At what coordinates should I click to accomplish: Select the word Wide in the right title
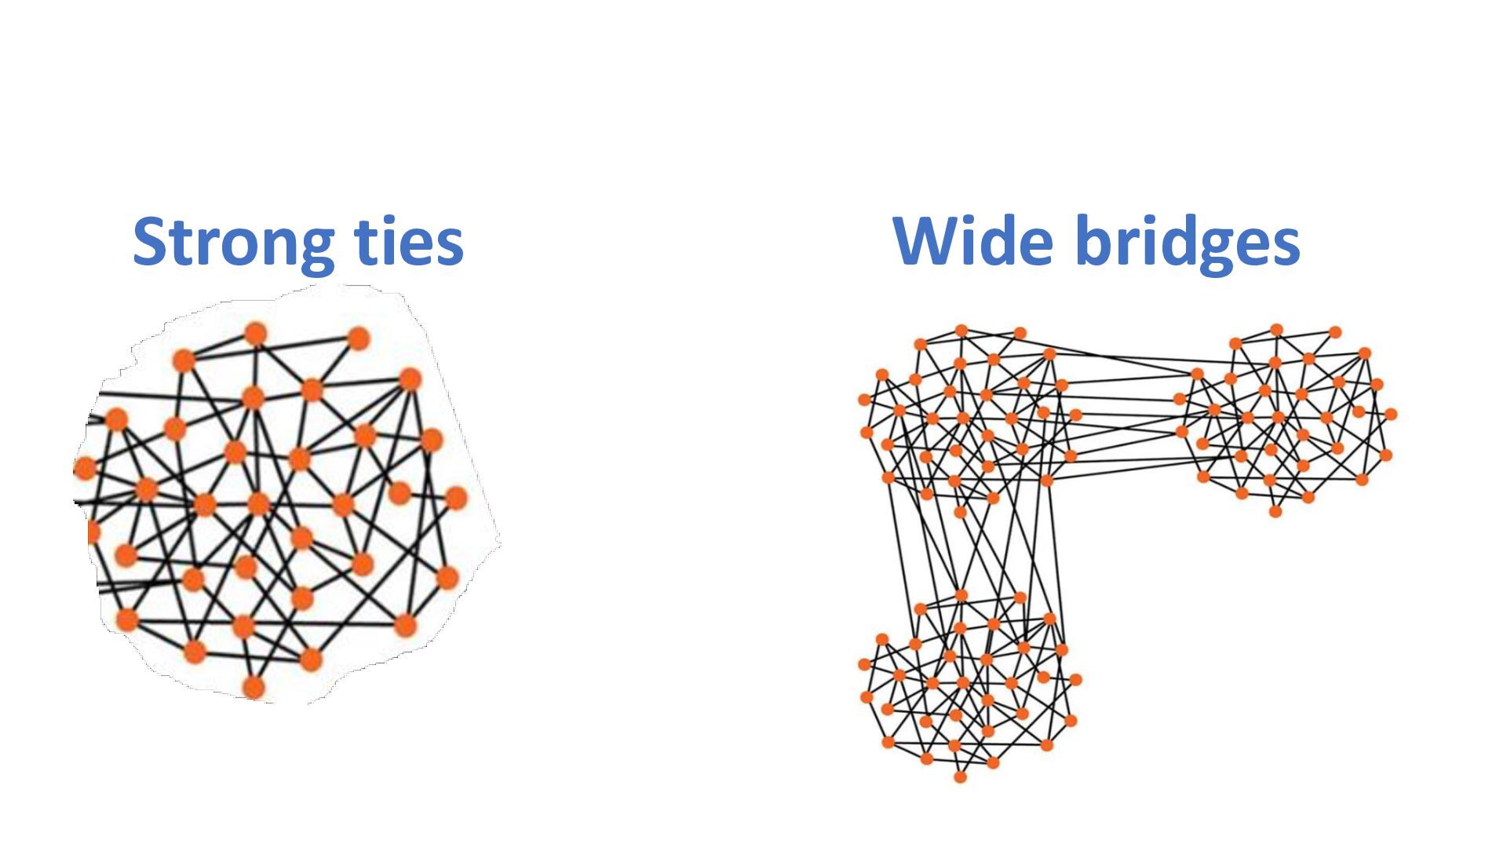[x=972, y=241]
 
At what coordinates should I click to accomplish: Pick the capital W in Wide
[x=930, y=241]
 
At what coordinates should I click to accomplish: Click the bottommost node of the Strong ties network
[x=253, y=688]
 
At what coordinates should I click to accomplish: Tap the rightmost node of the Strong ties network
[x=455, y=498]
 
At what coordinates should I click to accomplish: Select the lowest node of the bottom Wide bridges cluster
[x=960, y=777]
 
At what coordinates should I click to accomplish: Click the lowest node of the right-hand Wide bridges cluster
[x=1275, y=511]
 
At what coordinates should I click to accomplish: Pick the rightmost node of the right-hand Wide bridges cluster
[x=1391, y=414]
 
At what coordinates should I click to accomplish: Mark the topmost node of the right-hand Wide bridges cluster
[x=1276, y=330]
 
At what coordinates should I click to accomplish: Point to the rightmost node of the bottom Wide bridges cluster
[x=1075, y=679]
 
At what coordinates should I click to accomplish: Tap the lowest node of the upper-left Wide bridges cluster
[x=960, y=512]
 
